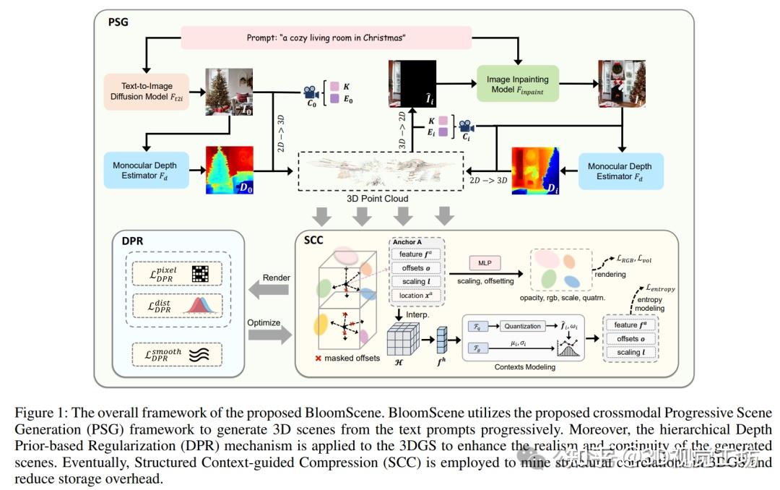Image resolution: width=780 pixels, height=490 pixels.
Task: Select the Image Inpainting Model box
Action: click(517, 84)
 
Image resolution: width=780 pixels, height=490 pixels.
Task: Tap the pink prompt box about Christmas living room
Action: click(326, 38)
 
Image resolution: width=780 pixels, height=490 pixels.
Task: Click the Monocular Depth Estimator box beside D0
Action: click(149, 171)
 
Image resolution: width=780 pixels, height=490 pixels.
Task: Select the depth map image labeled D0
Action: click(230, 171)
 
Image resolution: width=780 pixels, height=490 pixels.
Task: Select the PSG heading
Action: click(118, 22)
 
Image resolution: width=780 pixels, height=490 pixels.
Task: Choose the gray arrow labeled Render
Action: click(268, 290)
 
